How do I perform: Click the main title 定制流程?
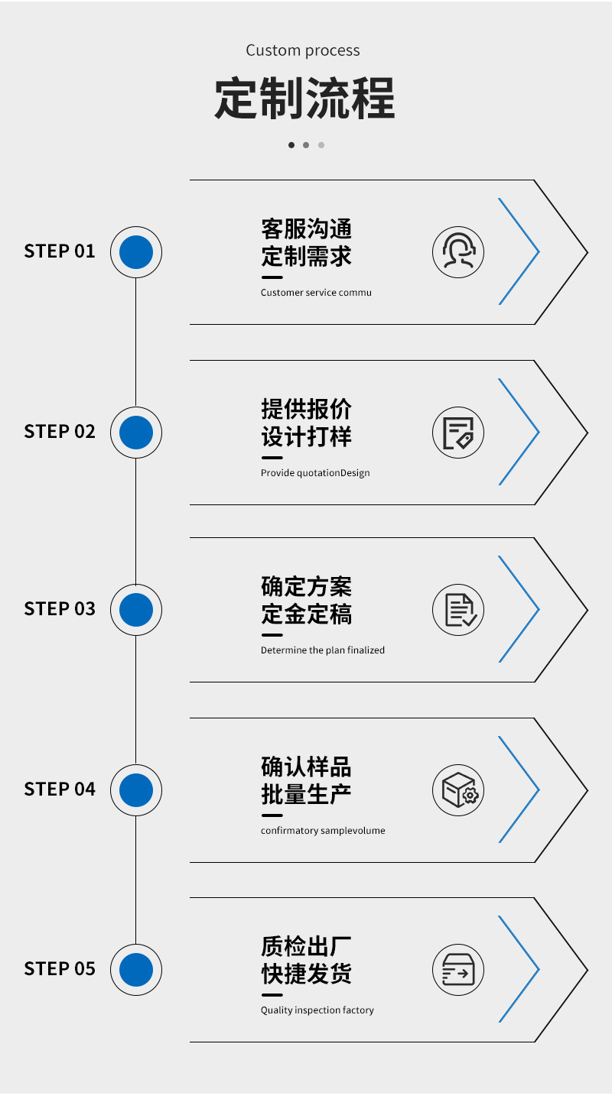pyautogui.click(x=304, y=99)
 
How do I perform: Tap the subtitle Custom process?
pyautogui.click(x=303, y=50)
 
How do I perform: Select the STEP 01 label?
pyautogui.click(x=60, y=251)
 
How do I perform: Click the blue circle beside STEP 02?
pyautogui.click(x=136, y=433)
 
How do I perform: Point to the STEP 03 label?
pyautogui.click(x=60, y=609)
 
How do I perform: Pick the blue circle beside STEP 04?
pyautogui.click(x=136, y=789)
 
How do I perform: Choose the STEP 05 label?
pyautogui.click(x=60, y=969)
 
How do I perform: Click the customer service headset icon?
pyautogui.click(x=458, y=252)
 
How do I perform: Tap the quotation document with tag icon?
pyautogui.click(x=458, y=433)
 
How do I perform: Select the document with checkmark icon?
pyautogui.click(x=458, y=610)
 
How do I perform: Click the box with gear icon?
pyautogui.click(x=458, y=789)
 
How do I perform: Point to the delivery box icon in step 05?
pyautogui.click(x=458, y=970)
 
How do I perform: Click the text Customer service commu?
pyautogui.click(x=316, y=293)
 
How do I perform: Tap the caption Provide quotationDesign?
pyautogui.click(x=315, y=473)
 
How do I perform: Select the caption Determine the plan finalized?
pyautogui.click(x=323, y=650)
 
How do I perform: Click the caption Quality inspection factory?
pyautogui.click(x=317, y=1010)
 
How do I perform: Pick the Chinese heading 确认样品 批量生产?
pyautogui.click(x=306, y=780)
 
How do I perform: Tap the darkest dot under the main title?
pyautogui.click(x=291, y=145)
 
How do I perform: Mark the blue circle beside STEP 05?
pyautogui.click(x=136, y=970)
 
